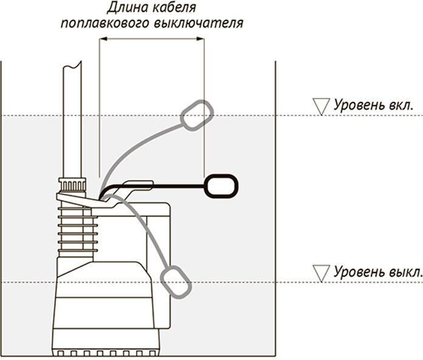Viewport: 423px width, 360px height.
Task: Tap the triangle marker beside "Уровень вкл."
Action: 318,106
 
